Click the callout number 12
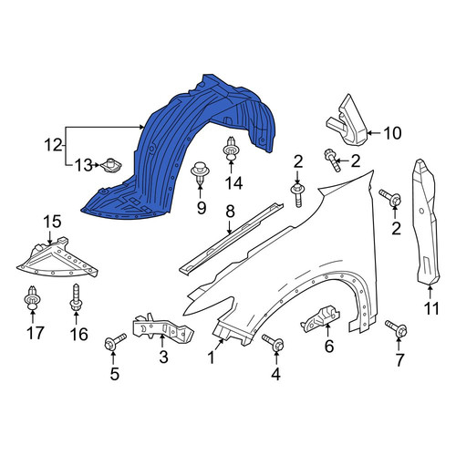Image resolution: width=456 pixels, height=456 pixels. [x=53, y=145]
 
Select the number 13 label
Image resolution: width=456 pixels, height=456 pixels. [x=83, y=165]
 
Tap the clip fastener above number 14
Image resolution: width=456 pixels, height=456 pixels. [x=231, y=149]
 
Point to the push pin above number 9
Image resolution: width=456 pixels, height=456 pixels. [x=199, y=172]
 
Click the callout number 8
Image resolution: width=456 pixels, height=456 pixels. [x=230, y=212]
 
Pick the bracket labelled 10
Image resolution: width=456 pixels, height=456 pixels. [x=347, y=120]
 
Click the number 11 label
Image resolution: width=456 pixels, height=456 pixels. [x=431, y=308]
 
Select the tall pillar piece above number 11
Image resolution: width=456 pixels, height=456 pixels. [x=426, y=222]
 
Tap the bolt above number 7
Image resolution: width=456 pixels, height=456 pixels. [x=396, y=328]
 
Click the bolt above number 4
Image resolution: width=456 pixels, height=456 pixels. [x=273, y=343]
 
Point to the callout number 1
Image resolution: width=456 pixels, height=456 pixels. [x=211, y=358]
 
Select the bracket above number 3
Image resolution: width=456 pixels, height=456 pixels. [x=162, y=328]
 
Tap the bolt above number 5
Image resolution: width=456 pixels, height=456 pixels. [x=115, y=342]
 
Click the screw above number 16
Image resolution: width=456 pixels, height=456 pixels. [x=75, y=298]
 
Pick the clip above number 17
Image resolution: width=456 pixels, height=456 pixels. [x=32, y=299]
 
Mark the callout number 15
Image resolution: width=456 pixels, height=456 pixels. [x=52, y=222]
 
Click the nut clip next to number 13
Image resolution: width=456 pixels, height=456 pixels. [x=110, y=165]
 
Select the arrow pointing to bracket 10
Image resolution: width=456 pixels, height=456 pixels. [x=375, y=133]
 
